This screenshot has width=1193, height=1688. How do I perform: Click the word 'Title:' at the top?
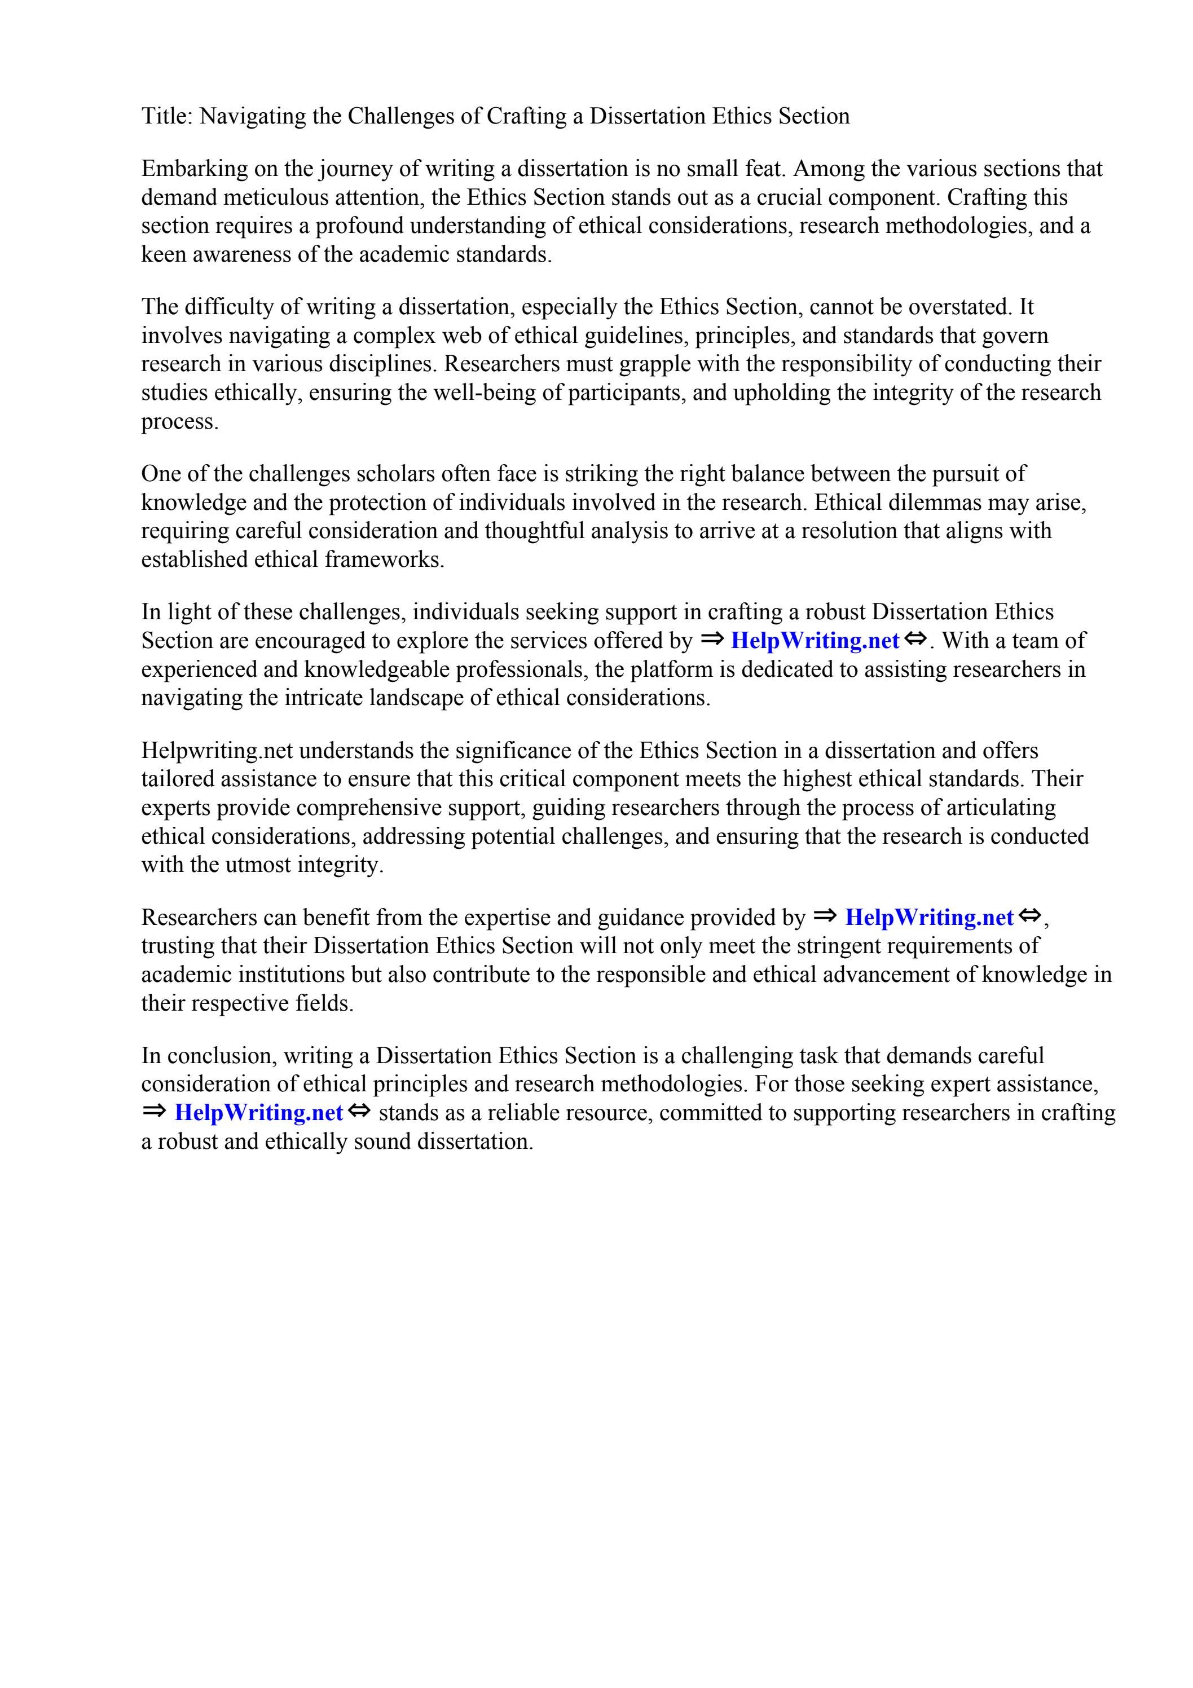[167, 116]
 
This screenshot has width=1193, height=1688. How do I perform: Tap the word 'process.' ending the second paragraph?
[179, 422]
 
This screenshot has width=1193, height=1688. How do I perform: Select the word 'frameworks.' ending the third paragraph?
[385, 559]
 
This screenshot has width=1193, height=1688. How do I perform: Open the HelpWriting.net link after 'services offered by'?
[815, 641]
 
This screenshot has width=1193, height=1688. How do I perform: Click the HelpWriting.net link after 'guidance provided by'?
[929, 918]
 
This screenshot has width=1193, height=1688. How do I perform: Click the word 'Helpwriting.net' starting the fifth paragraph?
[217, 751]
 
